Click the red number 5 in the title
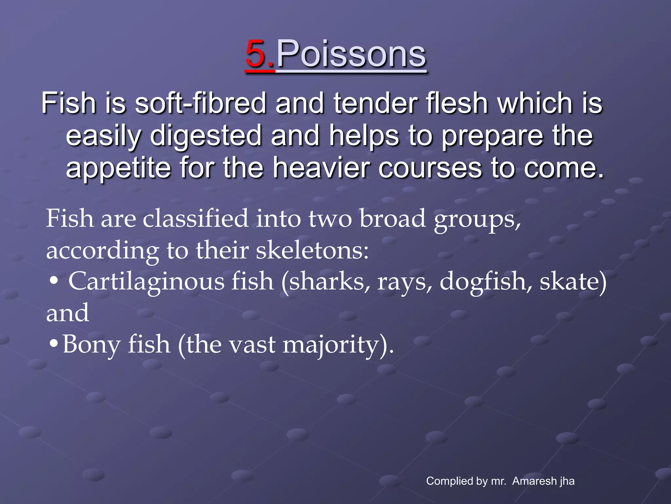pyautogui.click(x=256, y=54)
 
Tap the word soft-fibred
pyautogui.click(x=200, y=103)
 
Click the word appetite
pyautogui.click(x=118, y=168)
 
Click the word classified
pyautogui.click(x=196, y=219)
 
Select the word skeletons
pyautogui.click(x=312, y=251)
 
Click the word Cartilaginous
pyautogui.click(x=146, y=282)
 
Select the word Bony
pyautogui.click(x=92, y=345)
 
